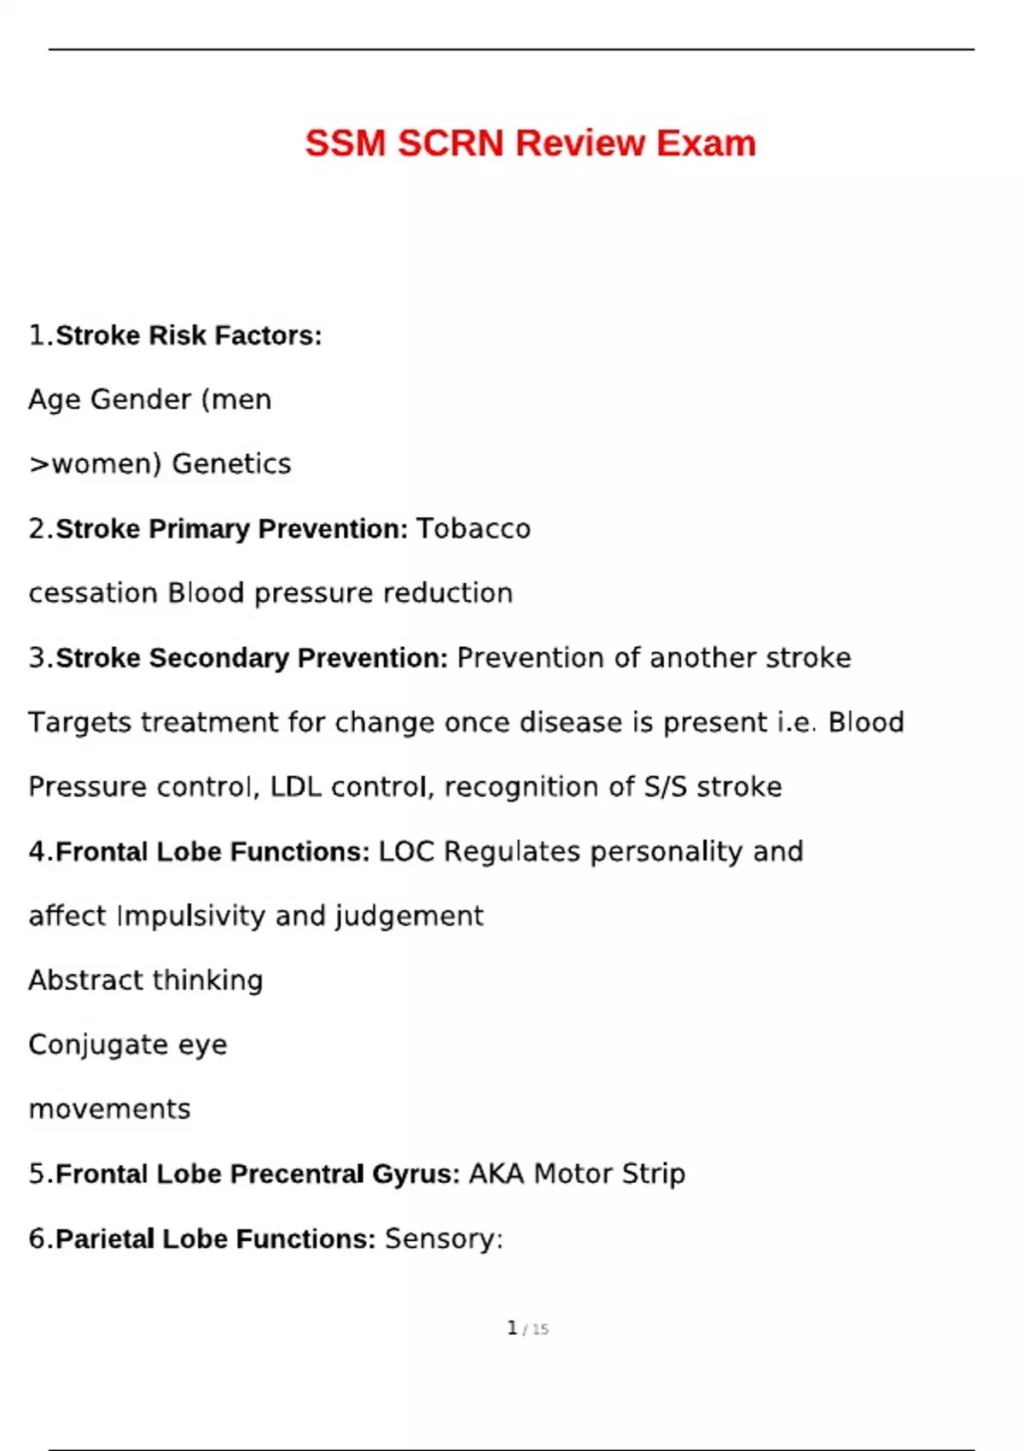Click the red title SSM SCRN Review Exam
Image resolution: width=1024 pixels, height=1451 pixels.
click(530, 143)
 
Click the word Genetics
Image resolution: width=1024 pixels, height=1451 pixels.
click(231, 464)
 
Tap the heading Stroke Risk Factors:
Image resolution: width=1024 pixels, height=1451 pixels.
click(189, 335)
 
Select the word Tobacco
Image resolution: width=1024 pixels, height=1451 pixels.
click(474, 529)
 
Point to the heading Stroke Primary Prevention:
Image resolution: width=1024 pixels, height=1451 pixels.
click(231, 529)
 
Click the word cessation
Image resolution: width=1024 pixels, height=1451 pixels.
click(93, 593)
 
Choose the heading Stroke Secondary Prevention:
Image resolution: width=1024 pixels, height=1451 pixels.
click(252, 658)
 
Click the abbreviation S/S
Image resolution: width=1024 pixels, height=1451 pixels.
click(666, 787)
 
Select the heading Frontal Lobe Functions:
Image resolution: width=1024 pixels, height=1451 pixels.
click(212, 852)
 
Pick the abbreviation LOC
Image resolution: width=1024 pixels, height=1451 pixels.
click(406, 852)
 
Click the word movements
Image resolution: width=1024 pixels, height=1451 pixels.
click(109, 1110)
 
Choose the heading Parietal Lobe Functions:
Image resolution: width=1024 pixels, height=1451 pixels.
click(216, 1238)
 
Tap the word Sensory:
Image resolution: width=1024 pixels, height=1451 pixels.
click(444, 1238)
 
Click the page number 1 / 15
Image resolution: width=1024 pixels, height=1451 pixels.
click(527, 1328)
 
